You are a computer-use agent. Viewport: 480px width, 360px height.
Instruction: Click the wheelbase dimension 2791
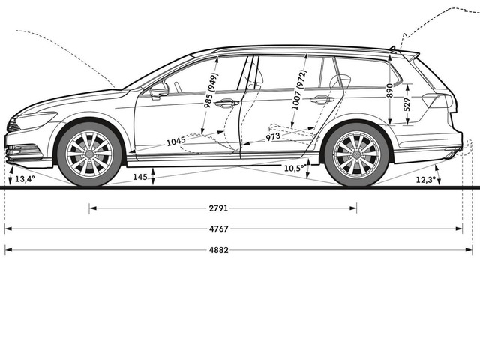pos(218,208)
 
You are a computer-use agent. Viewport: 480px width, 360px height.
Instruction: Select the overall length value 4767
pos(218,229)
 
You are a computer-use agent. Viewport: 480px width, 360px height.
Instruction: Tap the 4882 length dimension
pos(218,250)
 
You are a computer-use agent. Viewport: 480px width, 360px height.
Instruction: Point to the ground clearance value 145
pos(140,177)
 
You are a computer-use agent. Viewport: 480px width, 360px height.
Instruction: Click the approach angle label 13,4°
pos(25,179)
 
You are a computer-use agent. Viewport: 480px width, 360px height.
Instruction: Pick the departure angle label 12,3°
pos(426,180)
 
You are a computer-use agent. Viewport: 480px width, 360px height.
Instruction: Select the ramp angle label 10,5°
pos(295,168)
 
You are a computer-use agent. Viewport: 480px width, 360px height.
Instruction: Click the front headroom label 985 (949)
pos(211,90)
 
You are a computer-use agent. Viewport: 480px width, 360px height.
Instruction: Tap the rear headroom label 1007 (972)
pos(298,90)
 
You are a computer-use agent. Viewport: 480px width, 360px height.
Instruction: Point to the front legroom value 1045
pos(176,142)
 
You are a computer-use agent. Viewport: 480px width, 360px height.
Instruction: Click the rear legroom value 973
pos(273,136)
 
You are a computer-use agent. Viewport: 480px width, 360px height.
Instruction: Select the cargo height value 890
pos(389,90)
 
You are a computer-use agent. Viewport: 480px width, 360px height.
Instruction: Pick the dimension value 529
pos(406,104)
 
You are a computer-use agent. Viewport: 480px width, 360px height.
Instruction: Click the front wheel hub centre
pos(89,154)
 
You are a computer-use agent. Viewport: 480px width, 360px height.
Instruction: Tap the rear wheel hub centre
pos(357,154)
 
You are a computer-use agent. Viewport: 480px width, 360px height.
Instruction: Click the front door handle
pos(226,103)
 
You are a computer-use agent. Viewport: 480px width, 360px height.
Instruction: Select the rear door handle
pos(322,100)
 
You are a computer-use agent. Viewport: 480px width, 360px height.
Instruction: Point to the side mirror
pos(160,90)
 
